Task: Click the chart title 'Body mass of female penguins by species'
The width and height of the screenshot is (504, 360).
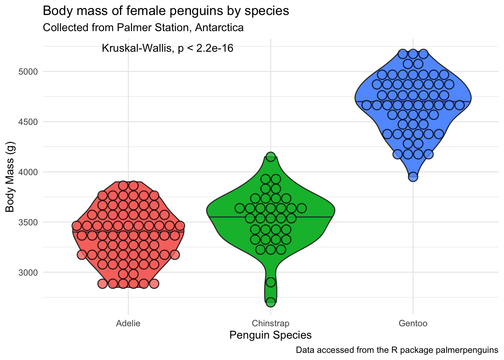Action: (166, 11)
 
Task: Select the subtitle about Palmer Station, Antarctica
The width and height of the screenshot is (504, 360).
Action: (143, 28)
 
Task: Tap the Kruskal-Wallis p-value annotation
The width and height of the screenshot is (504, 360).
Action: (167, 48)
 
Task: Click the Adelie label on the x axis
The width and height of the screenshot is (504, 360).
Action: (128, 323)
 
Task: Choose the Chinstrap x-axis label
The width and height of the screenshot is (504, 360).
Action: (270, 323)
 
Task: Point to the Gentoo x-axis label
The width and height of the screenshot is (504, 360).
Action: (413, 323)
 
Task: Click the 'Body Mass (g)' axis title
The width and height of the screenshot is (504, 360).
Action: (10, 177)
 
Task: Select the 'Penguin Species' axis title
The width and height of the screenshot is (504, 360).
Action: (270, 335)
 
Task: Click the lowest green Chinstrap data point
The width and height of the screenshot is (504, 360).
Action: (271, 302)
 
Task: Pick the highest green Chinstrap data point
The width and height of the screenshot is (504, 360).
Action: (271, 157)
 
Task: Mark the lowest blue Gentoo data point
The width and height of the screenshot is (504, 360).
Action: (413, 177)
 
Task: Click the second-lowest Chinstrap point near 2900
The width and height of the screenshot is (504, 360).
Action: (271, 282)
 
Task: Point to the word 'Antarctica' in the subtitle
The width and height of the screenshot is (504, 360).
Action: (219, 28)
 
